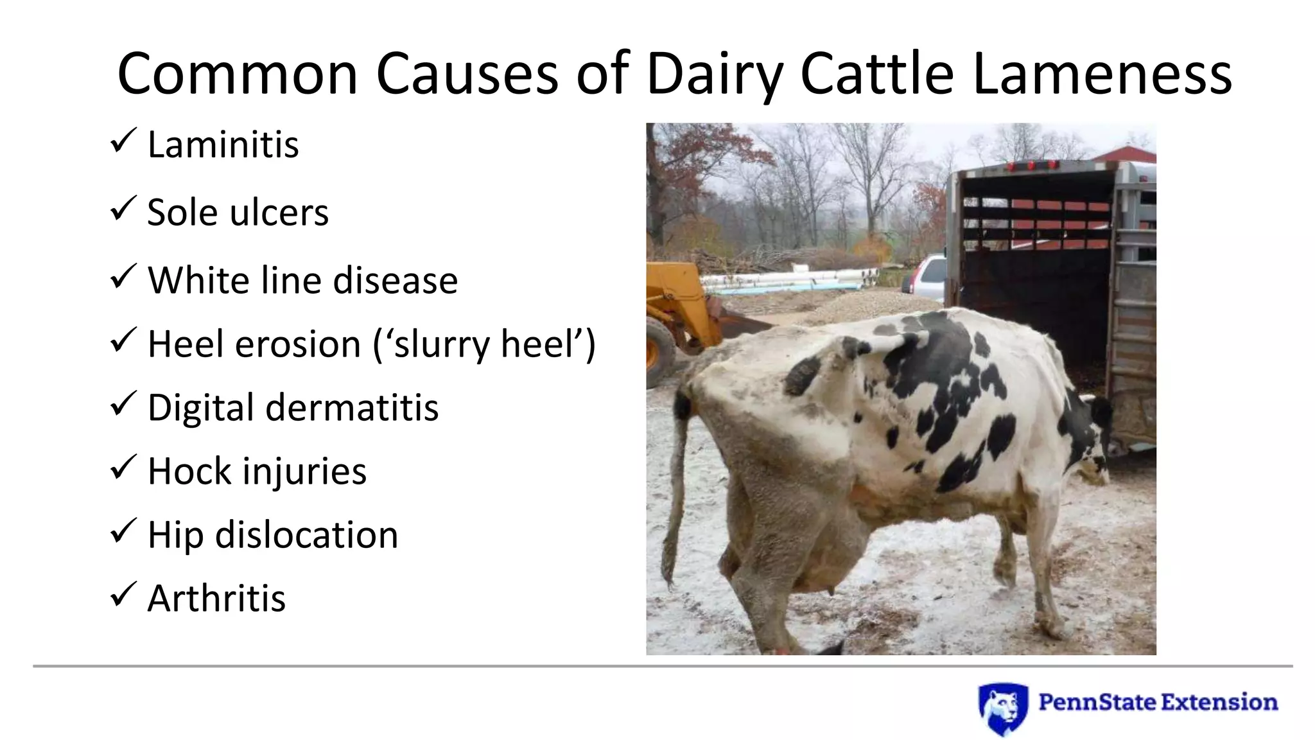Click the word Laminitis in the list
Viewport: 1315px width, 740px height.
click(223, 145)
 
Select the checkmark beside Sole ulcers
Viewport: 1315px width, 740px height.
click(122, 209)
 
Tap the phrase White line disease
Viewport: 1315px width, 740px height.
click(302, 281)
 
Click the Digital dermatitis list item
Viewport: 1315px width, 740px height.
click(293, 408)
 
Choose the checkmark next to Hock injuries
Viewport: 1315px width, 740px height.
click(122, 467)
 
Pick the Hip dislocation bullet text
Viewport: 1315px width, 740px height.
click(273, 535)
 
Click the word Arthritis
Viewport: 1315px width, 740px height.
click(216, 599)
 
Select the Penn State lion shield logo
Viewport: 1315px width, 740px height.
click(1002, 709)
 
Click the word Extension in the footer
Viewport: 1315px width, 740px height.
click(1218, 702)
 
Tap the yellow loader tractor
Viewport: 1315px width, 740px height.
click(681, 308)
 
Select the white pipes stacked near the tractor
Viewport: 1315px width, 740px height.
click(790, 279)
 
